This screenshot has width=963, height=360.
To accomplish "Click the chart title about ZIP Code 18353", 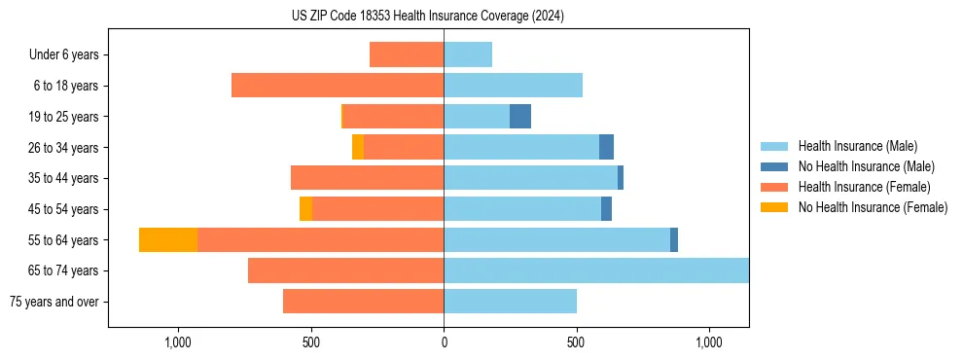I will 427,17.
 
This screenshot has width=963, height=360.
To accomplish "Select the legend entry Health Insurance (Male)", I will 857,146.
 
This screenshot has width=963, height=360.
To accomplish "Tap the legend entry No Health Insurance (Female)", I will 873,207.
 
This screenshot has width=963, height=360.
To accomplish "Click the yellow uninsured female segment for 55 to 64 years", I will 168,240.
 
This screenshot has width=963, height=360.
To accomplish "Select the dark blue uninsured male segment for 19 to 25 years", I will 520,117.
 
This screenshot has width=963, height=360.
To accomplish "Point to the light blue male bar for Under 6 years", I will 468,54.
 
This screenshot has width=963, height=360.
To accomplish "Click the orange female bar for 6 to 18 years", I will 338,86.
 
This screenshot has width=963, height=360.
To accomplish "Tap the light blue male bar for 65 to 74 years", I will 596,270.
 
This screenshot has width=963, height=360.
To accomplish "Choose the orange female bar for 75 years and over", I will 364,302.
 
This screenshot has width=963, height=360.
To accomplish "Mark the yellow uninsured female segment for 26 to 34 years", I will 358,148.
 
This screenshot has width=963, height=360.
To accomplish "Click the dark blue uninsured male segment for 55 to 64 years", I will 674,240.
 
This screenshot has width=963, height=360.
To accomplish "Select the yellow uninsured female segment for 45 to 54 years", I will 305,209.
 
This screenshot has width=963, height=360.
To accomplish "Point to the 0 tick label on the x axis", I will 444,342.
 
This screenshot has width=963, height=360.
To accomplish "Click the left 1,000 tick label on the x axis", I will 178,342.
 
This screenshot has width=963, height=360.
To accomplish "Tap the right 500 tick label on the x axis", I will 576,342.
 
